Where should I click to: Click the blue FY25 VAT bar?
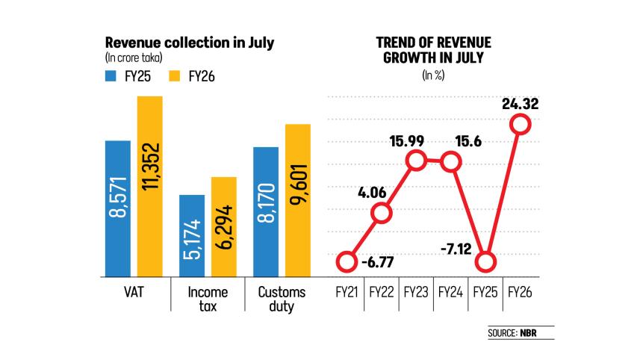[x=118, y=208]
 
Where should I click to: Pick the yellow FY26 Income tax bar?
[x=224, y=226]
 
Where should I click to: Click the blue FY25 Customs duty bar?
[x=266, y=211]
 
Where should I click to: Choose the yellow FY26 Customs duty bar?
[x=298, y=199]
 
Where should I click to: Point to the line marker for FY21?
[x=346, y=262]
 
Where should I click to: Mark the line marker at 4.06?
[x=381, y=214]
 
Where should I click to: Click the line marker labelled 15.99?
[x=417, y=160]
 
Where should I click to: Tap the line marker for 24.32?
[x=521, y=125]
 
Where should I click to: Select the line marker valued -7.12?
[x=485, y=262]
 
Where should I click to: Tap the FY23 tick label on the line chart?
[x=416, y=292]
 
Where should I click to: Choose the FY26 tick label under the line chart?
[x=521, y=292]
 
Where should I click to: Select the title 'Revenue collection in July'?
[x=190, y=43]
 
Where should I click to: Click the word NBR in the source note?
[x=548, y=332]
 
